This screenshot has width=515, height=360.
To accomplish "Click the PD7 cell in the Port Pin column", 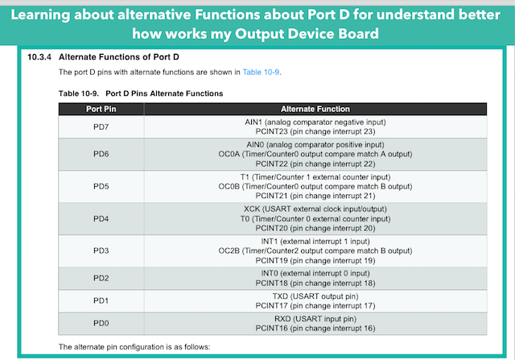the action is [x=101, y=127].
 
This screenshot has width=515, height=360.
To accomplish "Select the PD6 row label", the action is [x=101, y=154].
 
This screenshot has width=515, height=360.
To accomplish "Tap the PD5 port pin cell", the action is [x=101, y=186].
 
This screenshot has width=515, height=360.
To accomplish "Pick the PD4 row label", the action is [x=101, y=218].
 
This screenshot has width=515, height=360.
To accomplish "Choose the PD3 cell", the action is [x=101, y=250].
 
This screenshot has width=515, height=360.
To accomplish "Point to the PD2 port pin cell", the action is [x=101, y=278].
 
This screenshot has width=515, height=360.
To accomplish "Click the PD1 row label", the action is [x=101, y=300].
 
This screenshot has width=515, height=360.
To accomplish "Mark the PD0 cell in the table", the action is [x=101, y=323].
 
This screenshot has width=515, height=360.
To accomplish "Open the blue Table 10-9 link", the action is [x=261, y=72].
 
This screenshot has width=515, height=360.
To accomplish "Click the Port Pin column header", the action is [x=101, y=109].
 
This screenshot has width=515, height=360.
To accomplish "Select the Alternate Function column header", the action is [x=315, y=109].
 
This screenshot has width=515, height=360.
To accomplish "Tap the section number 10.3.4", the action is [x=39, y=57].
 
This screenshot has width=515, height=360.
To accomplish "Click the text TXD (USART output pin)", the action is [x=315, y=296].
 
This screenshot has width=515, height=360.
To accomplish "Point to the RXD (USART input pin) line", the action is [x=315, y=319].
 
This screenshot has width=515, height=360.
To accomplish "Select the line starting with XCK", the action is [x=315, y=209].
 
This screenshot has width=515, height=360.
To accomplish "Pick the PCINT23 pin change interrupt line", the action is [x=315, y=131].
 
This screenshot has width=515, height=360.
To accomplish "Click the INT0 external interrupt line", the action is [x=315, y=273].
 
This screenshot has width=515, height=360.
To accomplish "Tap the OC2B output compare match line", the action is [x=315, y=250].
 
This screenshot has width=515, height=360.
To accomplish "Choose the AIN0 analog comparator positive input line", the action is [x=315, y=145].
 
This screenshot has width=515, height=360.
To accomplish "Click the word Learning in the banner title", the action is [x=40, y=15].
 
